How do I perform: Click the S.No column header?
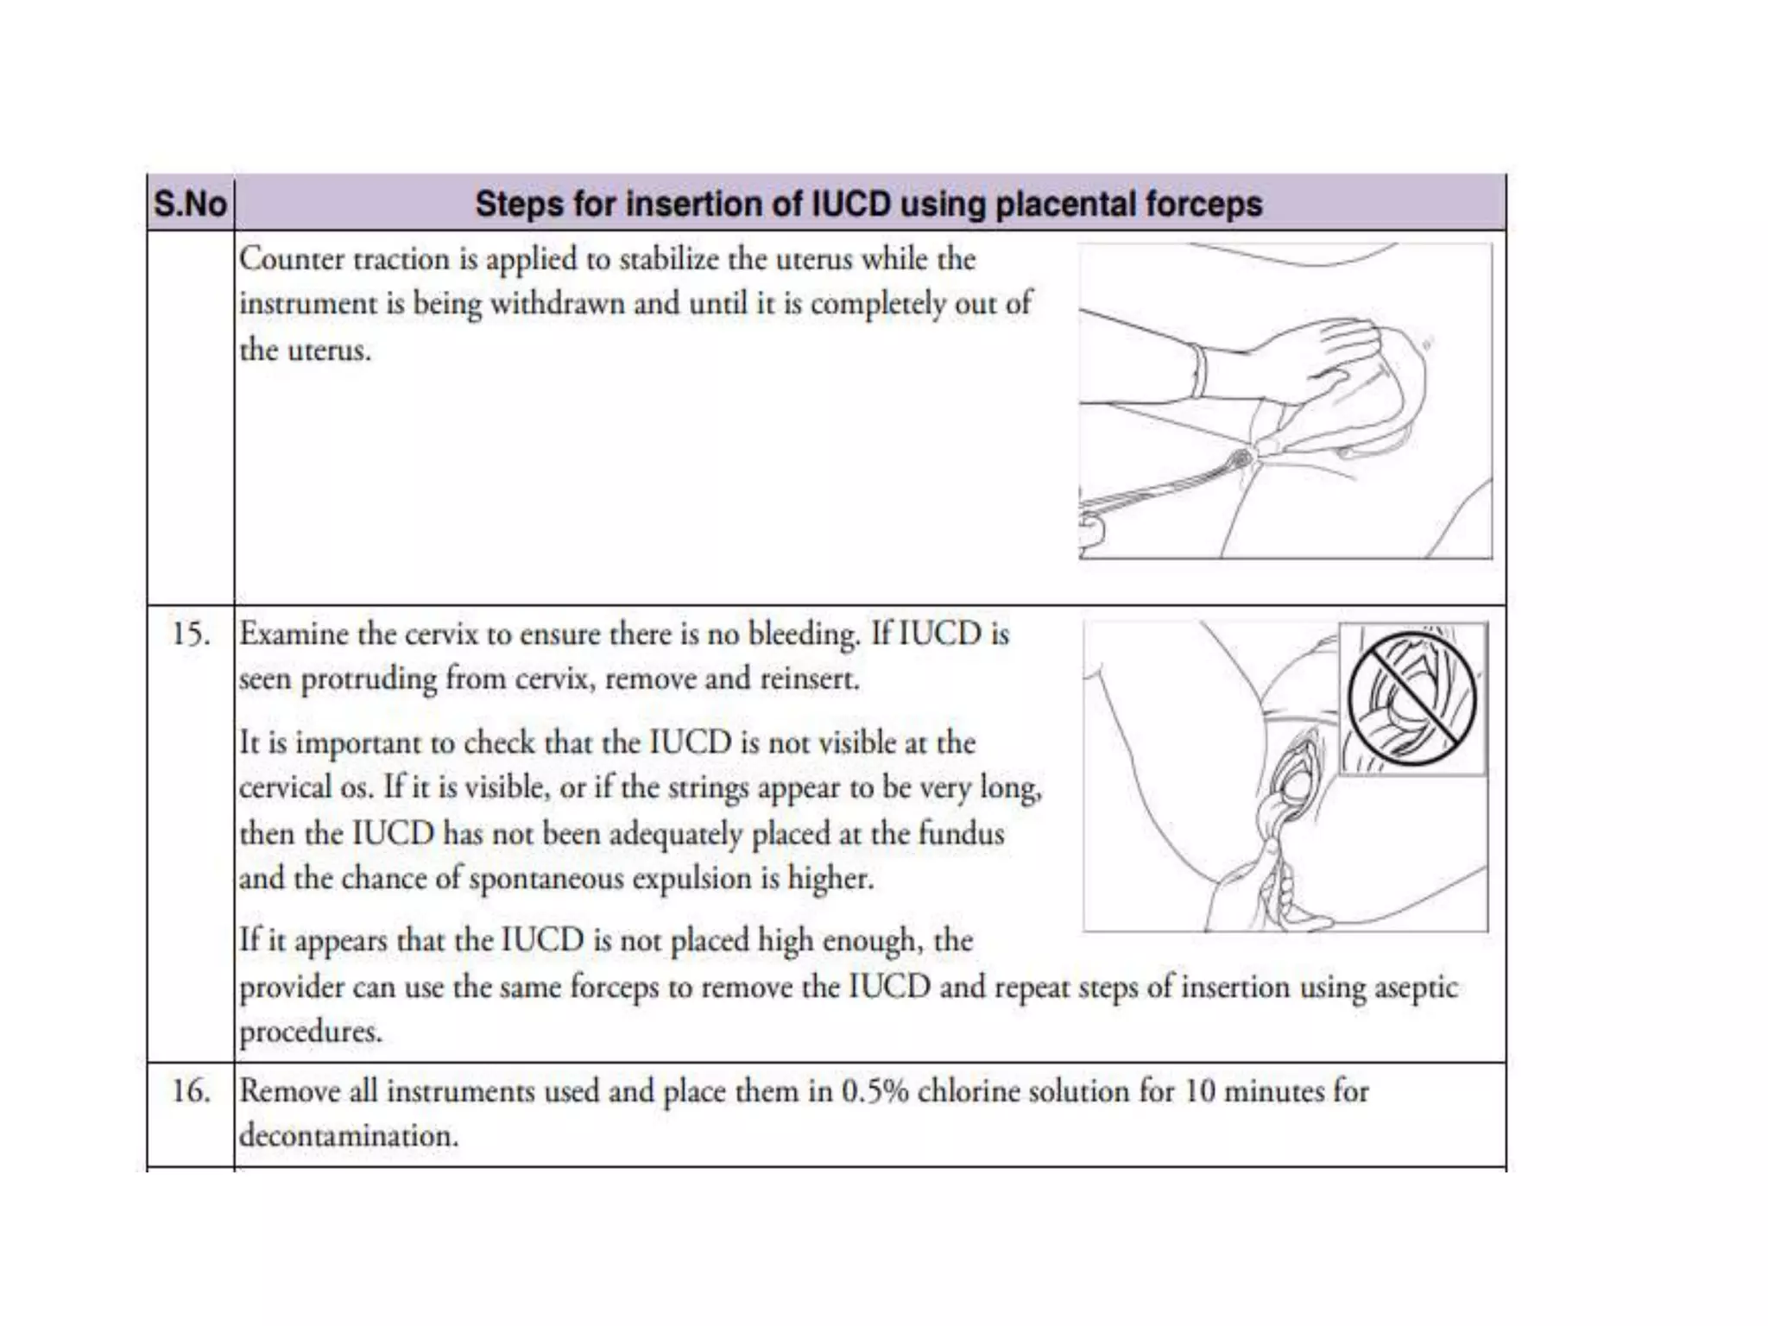point(190,205)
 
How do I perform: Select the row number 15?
point(190,635)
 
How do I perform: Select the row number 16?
point(190,1091)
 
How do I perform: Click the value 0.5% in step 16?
point(875,1091)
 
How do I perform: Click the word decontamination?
point(348,1136)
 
